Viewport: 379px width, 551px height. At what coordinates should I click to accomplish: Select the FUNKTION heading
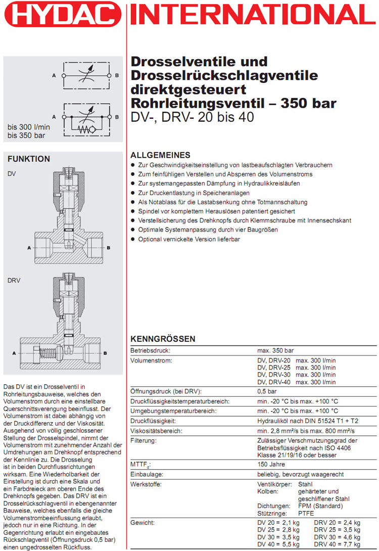29,159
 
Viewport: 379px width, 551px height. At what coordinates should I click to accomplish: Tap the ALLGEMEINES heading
160,155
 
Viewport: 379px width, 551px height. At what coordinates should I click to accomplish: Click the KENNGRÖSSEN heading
163,339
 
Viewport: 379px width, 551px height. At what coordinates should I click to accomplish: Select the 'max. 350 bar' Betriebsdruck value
275,350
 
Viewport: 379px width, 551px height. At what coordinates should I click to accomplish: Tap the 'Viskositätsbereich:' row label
156,431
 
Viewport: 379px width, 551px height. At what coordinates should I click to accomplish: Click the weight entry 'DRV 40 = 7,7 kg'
337,544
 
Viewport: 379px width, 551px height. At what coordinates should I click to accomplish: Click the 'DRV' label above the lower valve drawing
14,280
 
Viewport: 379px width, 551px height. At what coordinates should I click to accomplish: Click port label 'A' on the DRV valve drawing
14,353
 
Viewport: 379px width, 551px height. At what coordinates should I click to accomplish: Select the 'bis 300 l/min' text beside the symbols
29,127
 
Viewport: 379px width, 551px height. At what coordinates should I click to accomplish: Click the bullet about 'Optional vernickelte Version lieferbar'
189,239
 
